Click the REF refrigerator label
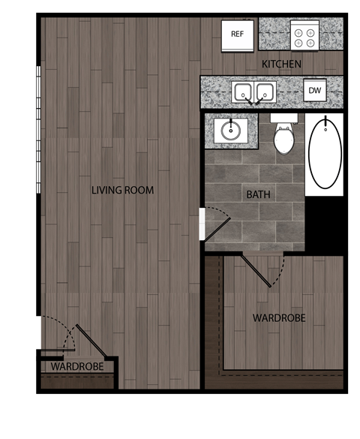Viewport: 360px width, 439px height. tap(237, 34)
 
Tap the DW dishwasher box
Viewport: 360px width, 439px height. tap(313, 92)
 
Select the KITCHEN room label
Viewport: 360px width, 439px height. tap(281, 65)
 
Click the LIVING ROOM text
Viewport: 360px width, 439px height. tap(122, 191)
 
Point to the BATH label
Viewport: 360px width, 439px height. tap(258, 194)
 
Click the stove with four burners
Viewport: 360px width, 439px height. tap(304, 35)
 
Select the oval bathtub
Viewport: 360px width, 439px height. tap(324, 153)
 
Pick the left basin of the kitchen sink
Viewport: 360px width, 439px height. tap(243, 92)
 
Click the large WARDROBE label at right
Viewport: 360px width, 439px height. tap(278, 318)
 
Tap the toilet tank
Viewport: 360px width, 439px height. tap(283, 119)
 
